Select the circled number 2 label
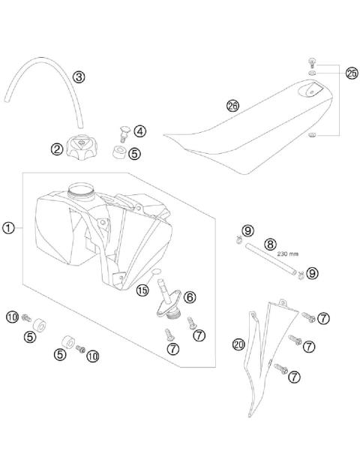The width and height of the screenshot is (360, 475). pos(56,149)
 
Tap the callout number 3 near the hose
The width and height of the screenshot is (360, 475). pos(79,76)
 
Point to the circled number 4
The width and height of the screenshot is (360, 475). pos(140,131)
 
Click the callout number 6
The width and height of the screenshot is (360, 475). pos(189,297)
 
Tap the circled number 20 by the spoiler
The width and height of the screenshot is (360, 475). pos(238,344)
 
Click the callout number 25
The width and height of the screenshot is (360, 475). pos(352,73)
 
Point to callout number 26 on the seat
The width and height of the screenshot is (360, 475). pos(232,107)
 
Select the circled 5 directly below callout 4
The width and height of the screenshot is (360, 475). pos(135,153)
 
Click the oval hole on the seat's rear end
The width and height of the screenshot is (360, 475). pos(310,92)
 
